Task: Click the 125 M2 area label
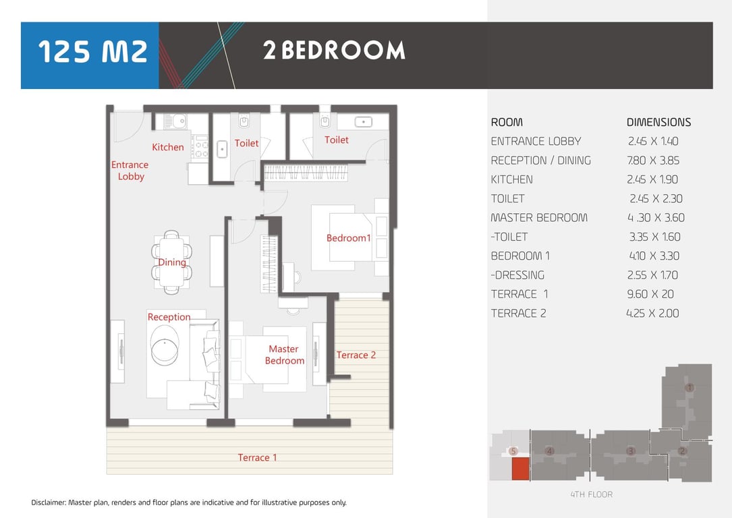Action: tap(92, 51)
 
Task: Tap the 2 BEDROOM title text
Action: tap(334, 51)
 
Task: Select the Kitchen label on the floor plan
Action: tap(167, 147)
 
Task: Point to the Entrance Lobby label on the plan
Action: tap(130, 171)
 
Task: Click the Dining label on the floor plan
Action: tap(172, 262)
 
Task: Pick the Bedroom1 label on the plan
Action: tap(348, 238)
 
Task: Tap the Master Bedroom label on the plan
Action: tap(284, 355)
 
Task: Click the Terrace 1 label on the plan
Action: tap(257, 457)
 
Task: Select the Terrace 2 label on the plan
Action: tap(356, 355)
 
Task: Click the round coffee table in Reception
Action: tap(165, 345)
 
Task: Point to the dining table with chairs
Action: tap(171, 262)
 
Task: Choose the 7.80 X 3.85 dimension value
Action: tap(653, 161)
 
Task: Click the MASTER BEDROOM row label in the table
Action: tap(539, 217)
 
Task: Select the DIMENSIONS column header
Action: tap(658, 122)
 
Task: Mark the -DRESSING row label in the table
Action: tap(517, 275)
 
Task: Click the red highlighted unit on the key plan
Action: tap(521, 469)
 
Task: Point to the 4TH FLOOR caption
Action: tap(592, 494)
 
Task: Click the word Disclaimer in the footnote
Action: tap(48, 502)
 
